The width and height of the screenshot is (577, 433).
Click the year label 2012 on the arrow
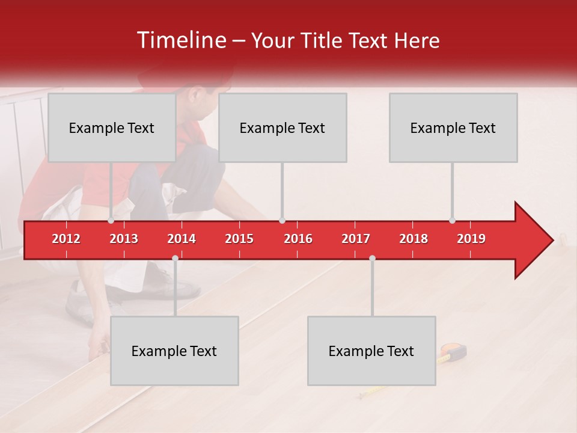tap(66, 239)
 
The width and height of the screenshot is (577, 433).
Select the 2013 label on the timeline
tap(124, 239)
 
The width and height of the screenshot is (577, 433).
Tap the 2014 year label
tap(182, 239)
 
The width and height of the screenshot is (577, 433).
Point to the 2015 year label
tap(239, 239)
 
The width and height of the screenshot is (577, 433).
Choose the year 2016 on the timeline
tap(298, 239)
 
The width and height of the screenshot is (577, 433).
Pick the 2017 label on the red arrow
tap(356, 239)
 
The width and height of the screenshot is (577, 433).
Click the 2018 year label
tap(414, 239)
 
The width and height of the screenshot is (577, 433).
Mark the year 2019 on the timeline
tap(471, 239)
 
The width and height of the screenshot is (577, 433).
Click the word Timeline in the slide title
tap(180, 40)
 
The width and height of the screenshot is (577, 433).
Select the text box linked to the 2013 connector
tap(112, 127)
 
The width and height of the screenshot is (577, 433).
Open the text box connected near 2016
tap(282, 127)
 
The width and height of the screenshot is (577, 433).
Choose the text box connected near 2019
tap(453, 127)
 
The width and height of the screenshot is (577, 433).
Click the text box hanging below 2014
tap(174, 351)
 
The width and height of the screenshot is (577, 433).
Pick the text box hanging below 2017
tap(371, 351)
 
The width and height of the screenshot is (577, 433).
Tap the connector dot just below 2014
tap(175, 258)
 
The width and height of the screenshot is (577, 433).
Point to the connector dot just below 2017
tap(372, 258)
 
